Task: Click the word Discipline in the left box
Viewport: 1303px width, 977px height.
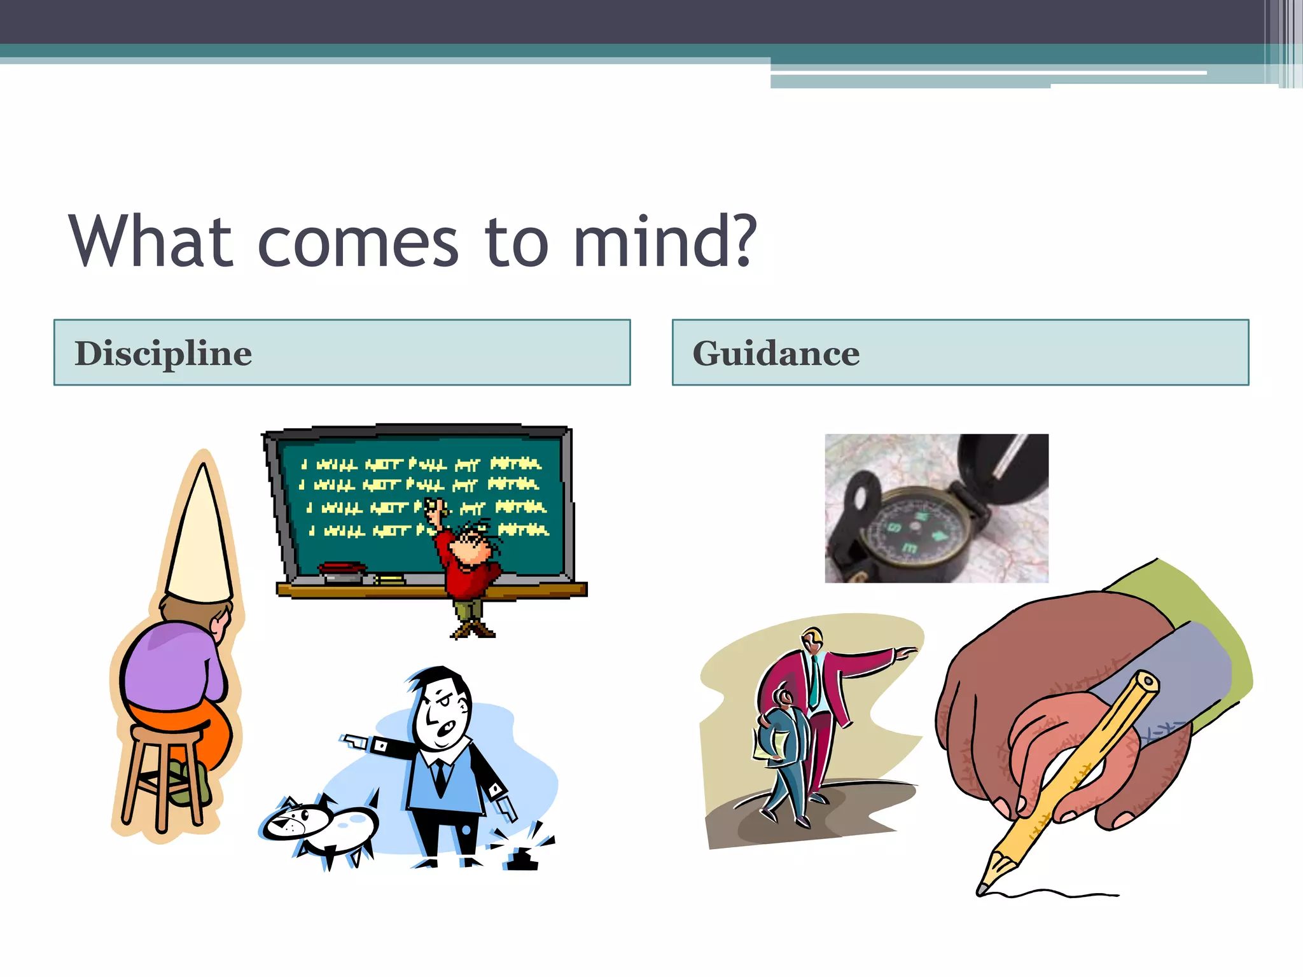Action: (x=164, y=354)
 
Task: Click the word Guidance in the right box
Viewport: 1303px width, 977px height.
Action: (x=776, y=354)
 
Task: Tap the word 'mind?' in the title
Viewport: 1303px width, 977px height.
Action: (x=665, y=242)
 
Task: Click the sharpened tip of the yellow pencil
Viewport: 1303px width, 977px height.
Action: (x=984, y=888)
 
